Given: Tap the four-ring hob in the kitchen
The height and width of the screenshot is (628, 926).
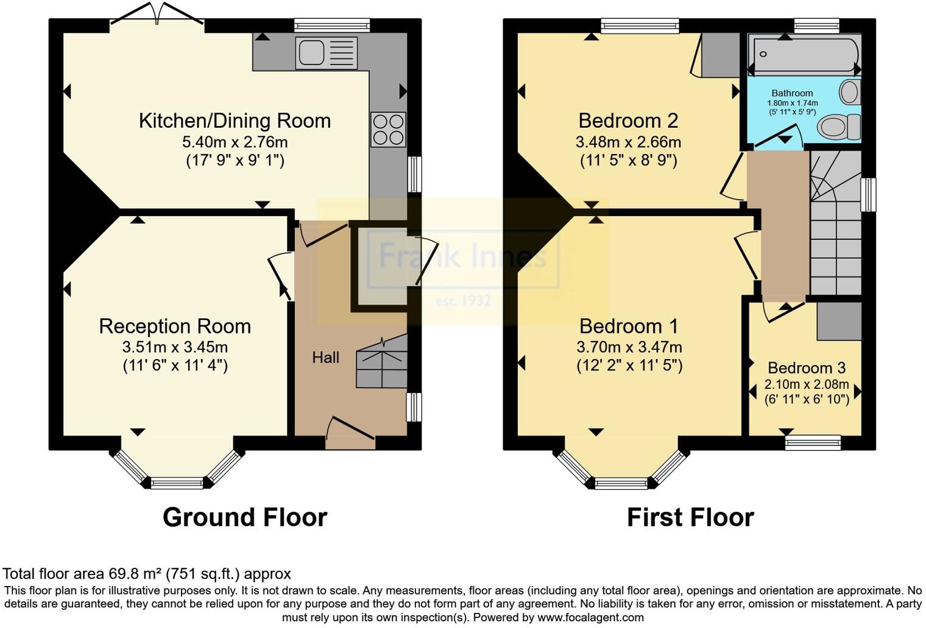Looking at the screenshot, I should [x=388, y=130].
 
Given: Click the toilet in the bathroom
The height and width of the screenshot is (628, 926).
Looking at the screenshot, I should [x=838, y=127].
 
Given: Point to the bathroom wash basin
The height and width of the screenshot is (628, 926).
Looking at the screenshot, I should [x=849, y=93].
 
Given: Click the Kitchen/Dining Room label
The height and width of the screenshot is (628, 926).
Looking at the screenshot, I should [x=235, y=120].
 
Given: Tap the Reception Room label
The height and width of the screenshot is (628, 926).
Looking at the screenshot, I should [x=175, y=326].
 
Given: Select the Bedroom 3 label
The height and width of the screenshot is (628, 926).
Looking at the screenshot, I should [x=806, y=368].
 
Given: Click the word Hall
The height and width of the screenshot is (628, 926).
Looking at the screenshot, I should [x=325, y=358].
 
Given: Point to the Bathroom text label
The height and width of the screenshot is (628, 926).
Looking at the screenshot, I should [x=792, y=93].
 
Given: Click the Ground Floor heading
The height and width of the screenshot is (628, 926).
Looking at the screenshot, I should [x=245, y=517].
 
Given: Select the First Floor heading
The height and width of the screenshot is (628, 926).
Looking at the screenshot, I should [x=690, y=517].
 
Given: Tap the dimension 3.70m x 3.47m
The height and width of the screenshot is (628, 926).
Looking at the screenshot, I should [x=629, y=347].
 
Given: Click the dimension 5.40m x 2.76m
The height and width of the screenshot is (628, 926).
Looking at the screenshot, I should [x=235, y=142].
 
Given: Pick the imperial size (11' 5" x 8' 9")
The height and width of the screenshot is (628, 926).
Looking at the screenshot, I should [x=628, y=160].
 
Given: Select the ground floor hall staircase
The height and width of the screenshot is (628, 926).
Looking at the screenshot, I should [x=381, y=362].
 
